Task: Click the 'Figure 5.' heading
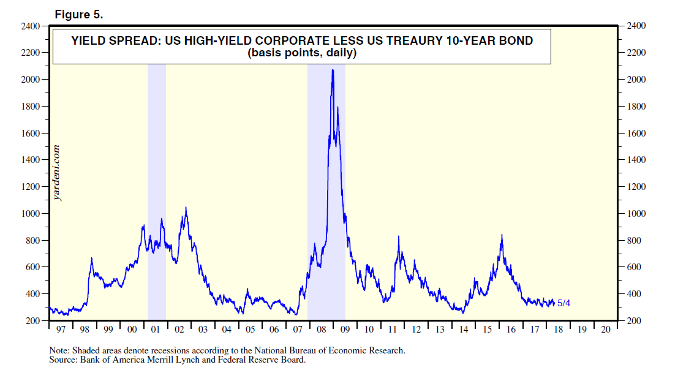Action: (78, 14)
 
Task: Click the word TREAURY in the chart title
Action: (402, 42)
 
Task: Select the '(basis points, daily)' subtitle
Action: (302, 53)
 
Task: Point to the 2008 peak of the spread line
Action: (332, 71)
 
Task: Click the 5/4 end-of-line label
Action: (564, 303)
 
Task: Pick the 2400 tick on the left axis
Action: (31, 26)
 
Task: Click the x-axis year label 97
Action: (61, 330)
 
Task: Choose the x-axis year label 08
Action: (322, 330)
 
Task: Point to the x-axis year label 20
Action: (606, 330)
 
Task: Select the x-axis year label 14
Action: (464, 330)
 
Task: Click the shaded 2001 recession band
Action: (157, 184)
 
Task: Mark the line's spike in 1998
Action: (92, 258)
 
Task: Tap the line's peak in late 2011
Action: (399, 236)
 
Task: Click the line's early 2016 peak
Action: (502, 235)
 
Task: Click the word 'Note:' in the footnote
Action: (59, 351)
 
